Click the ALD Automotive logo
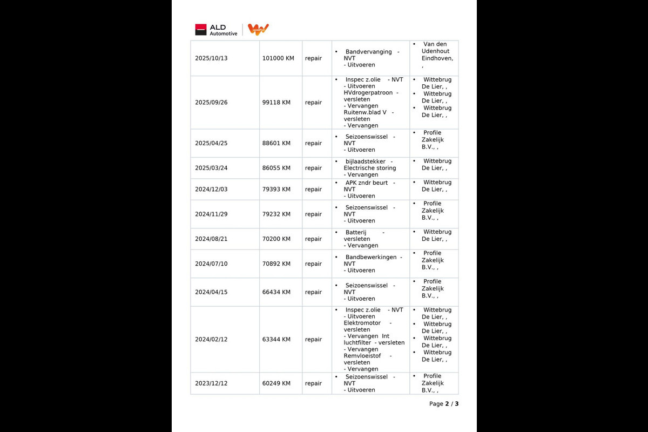[216, 30]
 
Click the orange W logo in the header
[258, 30]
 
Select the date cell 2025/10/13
[211, 58]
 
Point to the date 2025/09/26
[211, 103]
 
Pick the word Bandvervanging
[368, 52]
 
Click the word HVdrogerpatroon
[368, 93]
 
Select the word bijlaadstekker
[365, 161]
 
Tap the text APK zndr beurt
[366, 183]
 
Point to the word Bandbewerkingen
[370, 258]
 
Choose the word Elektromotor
[362, 323]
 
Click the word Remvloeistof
[362, 356]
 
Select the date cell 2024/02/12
[211, 340]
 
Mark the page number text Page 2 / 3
[444, 404]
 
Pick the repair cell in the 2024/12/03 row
[313, 190]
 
